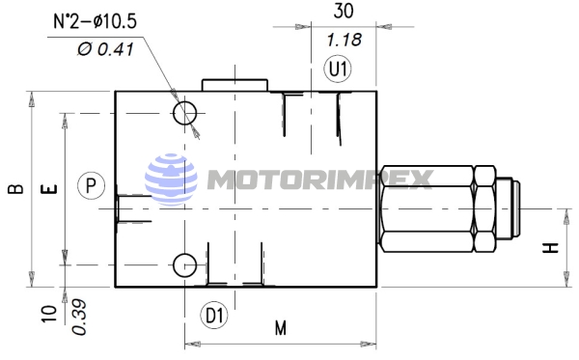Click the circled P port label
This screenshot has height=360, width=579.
point(92,185)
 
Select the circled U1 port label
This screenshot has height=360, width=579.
point(338,69)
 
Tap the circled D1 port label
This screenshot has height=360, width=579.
point(214,316)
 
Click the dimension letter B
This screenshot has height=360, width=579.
point(15,188)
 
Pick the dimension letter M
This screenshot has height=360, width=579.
point(281,327)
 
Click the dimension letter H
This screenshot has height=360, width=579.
point(551,248)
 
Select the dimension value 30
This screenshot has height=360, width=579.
point(344,11)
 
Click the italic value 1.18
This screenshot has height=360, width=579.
point(345,40)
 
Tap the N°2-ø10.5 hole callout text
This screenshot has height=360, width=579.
point(96,20)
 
